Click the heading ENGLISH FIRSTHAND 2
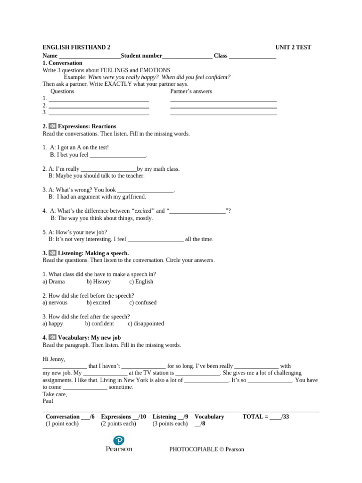pos(76,47)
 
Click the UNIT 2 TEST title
pos(293,47)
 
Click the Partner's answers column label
pos(191,91)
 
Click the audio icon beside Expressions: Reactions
pos(52,126)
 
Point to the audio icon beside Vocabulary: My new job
pos(52,338)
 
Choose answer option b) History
pos(99,282)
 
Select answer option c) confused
pos(143,303)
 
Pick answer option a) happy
pos(53,324)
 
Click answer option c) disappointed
pos(146,324)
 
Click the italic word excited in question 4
pos(144,211)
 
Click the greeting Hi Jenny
pos(54,359)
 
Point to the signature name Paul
pos(48,401)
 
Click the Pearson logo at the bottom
pos(119,444)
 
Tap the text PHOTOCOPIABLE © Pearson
pos(206,450)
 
